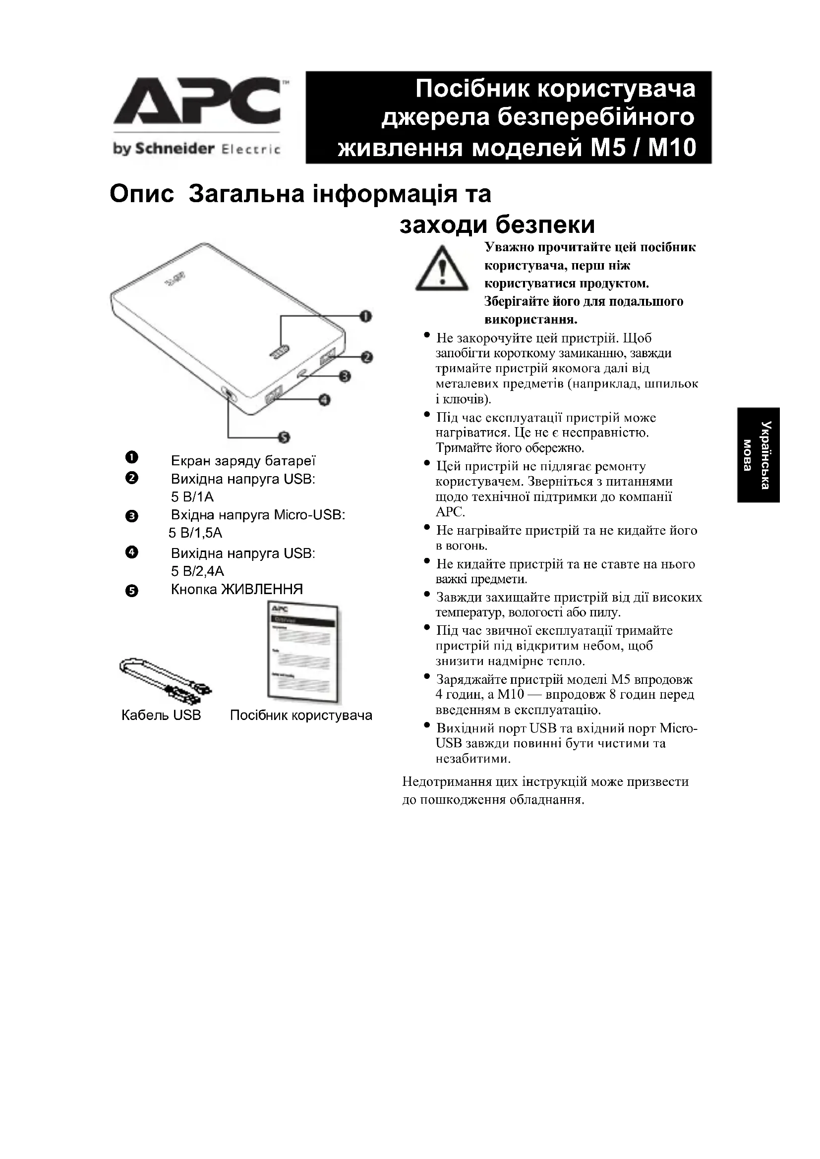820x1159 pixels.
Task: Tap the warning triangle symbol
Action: click(x=441, y=269)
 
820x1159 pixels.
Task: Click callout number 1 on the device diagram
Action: click(x=365, y=317)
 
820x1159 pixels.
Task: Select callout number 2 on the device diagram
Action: click(x=366, y=357)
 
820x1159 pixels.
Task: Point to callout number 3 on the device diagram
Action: click(x=346, y=376)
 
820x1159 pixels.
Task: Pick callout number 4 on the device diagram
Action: click(x=324, y=400)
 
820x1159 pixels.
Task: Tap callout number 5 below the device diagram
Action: click(x=284, y=437)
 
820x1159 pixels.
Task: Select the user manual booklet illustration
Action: click(x=303, y=652)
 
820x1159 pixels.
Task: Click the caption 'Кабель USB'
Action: click(x=161, y=716)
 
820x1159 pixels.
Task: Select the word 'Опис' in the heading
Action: click(x=141, y=194)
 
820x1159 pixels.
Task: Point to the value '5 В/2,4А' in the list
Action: click(x=197, y=571)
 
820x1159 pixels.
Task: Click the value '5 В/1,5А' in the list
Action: click(x=195, y=533)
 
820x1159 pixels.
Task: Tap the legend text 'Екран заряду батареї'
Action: click(x=243, y=461)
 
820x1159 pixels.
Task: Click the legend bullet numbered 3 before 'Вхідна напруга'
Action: click(x=131, y=516)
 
